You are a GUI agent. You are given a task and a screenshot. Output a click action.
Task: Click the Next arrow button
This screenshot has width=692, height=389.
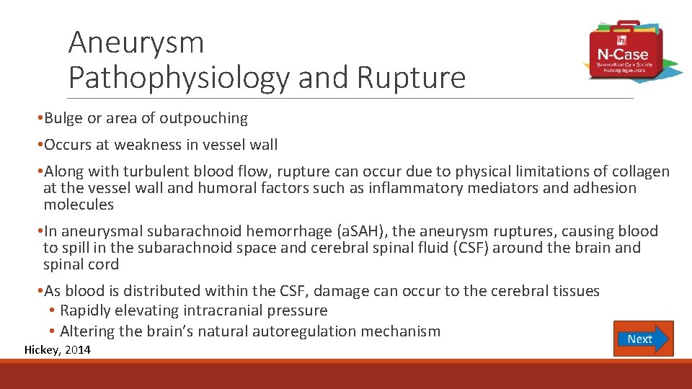[x=643, y=339]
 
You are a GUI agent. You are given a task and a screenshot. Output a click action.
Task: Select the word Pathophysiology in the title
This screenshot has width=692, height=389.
[x=179, y=78]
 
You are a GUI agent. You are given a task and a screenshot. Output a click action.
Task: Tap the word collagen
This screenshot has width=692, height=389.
[x=640, y=171]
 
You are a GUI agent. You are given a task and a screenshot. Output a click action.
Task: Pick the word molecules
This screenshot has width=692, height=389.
[x=79, y=205]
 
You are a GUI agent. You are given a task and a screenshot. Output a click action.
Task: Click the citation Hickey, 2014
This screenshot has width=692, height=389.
[x=58, y=350]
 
